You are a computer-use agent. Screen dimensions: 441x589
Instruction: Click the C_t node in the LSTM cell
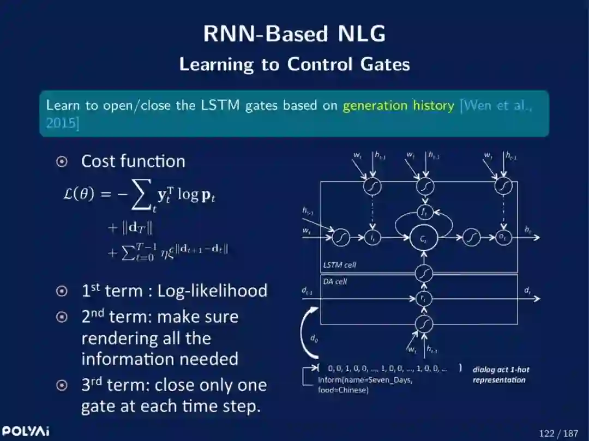424,238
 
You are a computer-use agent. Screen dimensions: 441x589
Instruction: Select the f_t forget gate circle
424,212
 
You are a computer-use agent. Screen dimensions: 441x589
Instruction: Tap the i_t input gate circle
372,238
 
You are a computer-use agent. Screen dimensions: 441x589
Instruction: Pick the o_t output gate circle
503,238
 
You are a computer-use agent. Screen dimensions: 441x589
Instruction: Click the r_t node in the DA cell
424,298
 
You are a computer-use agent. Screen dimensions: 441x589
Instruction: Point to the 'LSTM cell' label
340,265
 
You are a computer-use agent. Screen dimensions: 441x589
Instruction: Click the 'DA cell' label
335,281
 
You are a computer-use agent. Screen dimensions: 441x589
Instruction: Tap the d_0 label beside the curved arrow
314,338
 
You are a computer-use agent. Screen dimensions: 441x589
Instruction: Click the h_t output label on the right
528,231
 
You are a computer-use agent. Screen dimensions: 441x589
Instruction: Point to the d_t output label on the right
528,291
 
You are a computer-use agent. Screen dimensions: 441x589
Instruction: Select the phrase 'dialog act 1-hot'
501,370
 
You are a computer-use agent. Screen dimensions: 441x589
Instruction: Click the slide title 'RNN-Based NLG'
294,34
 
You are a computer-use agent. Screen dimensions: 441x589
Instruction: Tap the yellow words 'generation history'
398,105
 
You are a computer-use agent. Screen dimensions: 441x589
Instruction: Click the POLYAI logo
25,432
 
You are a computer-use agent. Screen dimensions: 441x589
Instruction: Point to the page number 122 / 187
558,433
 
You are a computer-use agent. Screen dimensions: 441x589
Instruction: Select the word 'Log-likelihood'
212,291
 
